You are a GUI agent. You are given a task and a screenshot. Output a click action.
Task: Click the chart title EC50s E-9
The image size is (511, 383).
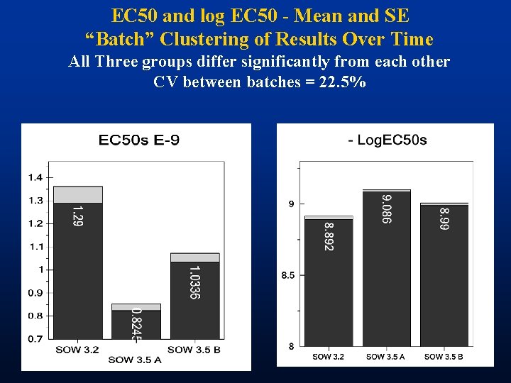138,140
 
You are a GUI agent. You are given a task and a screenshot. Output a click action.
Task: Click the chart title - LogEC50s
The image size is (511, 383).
388,140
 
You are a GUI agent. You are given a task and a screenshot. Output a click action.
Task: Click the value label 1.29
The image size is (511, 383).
78,216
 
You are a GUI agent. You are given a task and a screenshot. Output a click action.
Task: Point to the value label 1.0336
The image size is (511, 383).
194,282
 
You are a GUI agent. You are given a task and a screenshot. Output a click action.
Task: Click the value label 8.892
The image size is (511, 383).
328,236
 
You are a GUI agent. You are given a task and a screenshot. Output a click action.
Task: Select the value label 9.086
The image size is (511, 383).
385,209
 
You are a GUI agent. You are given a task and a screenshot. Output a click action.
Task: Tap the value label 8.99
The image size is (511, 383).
444,218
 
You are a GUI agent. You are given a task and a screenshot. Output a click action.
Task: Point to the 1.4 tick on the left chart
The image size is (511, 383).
35,177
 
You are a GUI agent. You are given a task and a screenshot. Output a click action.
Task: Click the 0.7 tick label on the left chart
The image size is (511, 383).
35,339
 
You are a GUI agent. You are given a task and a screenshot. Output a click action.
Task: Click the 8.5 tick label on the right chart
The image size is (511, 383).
287,275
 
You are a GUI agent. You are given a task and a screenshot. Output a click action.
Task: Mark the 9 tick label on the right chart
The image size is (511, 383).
291,204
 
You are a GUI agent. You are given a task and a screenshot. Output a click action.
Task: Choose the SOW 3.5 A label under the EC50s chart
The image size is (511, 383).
135,360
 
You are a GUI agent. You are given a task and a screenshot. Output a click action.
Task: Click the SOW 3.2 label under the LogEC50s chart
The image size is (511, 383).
328,357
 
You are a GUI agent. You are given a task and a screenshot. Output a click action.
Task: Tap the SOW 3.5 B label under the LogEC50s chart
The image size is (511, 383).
444,357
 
